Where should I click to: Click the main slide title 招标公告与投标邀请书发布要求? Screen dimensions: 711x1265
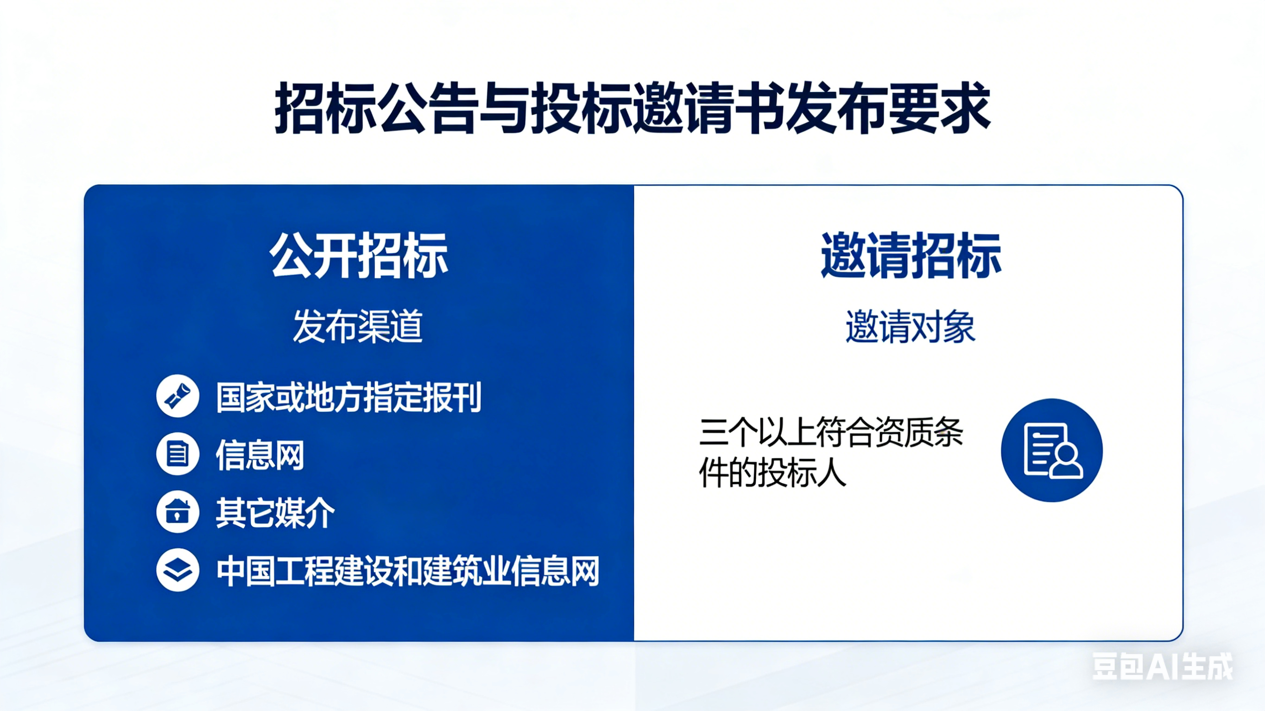(632, 108)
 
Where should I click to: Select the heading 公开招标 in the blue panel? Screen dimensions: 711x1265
(359, 255)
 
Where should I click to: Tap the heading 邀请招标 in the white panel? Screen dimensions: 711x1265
(911, 255)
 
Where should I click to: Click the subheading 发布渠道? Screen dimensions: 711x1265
(358, 326)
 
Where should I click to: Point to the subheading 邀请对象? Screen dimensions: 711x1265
(910, 326)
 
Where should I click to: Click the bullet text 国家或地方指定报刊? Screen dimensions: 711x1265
(348, 397)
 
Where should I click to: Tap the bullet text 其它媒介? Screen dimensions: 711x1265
(275, 513)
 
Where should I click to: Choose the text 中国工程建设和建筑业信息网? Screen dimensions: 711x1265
(408, 571)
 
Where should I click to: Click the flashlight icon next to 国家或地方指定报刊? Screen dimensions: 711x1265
(177, 396)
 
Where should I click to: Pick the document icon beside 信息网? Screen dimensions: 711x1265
(177, 454)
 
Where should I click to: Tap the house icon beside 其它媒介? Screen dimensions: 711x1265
(177, 512)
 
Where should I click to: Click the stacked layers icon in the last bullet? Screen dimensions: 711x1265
(177, 570)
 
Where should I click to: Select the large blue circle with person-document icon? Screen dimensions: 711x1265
(1052, 450)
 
